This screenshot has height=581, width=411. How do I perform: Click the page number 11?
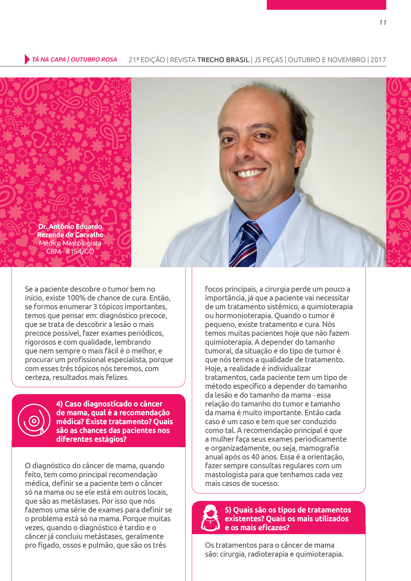383,23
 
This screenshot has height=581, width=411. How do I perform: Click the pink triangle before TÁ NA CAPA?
27,59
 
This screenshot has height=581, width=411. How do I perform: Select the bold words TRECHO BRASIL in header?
223,60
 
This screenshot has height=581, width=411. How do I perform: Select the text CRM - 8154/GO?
70,251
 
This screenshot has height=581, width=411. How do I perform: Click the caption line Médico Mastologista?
70,243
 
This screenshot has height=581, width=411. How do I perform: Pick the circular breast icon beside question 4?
34,420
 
